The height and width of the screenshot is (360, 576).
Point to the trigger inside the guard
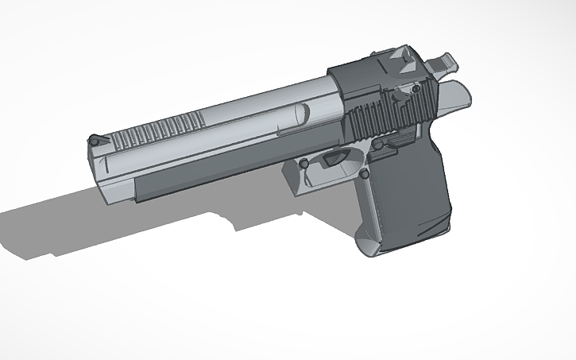pyautogui.click(x=333, y=159)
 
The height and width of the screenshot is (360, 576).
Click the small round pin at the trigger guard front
pyautogui.click(x=302, y=164)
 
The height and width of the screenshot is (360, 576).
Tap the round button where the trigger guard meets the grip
pyautogui.click(x=364, y=172)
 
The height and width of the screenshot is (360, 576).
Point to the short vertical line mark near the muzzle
pyautogui.click(x=104, y=165)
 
